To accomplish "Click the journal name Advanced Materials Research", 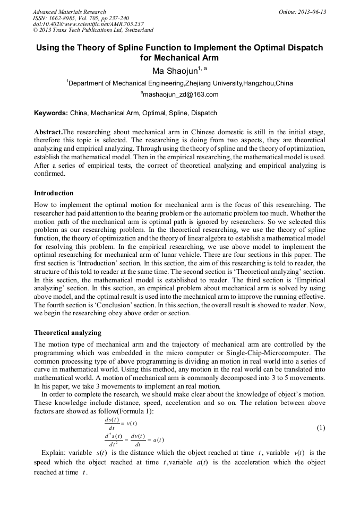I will coord(69,12).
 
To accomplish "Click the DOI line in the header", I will coord(88,24).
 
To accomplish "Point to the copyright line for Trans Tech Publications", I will coord(92,30).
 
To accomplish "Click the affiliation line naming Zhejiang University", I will coord(179,83).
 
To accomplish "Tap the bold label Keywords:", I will coord(51,113).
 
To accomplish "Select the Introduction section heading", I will coord(54,193).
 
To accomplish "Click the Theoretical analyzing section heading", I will coord(67,333).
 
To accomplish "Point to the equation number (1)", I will coord(321,428).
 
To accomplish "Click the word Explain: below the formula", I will coord(54,453).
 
